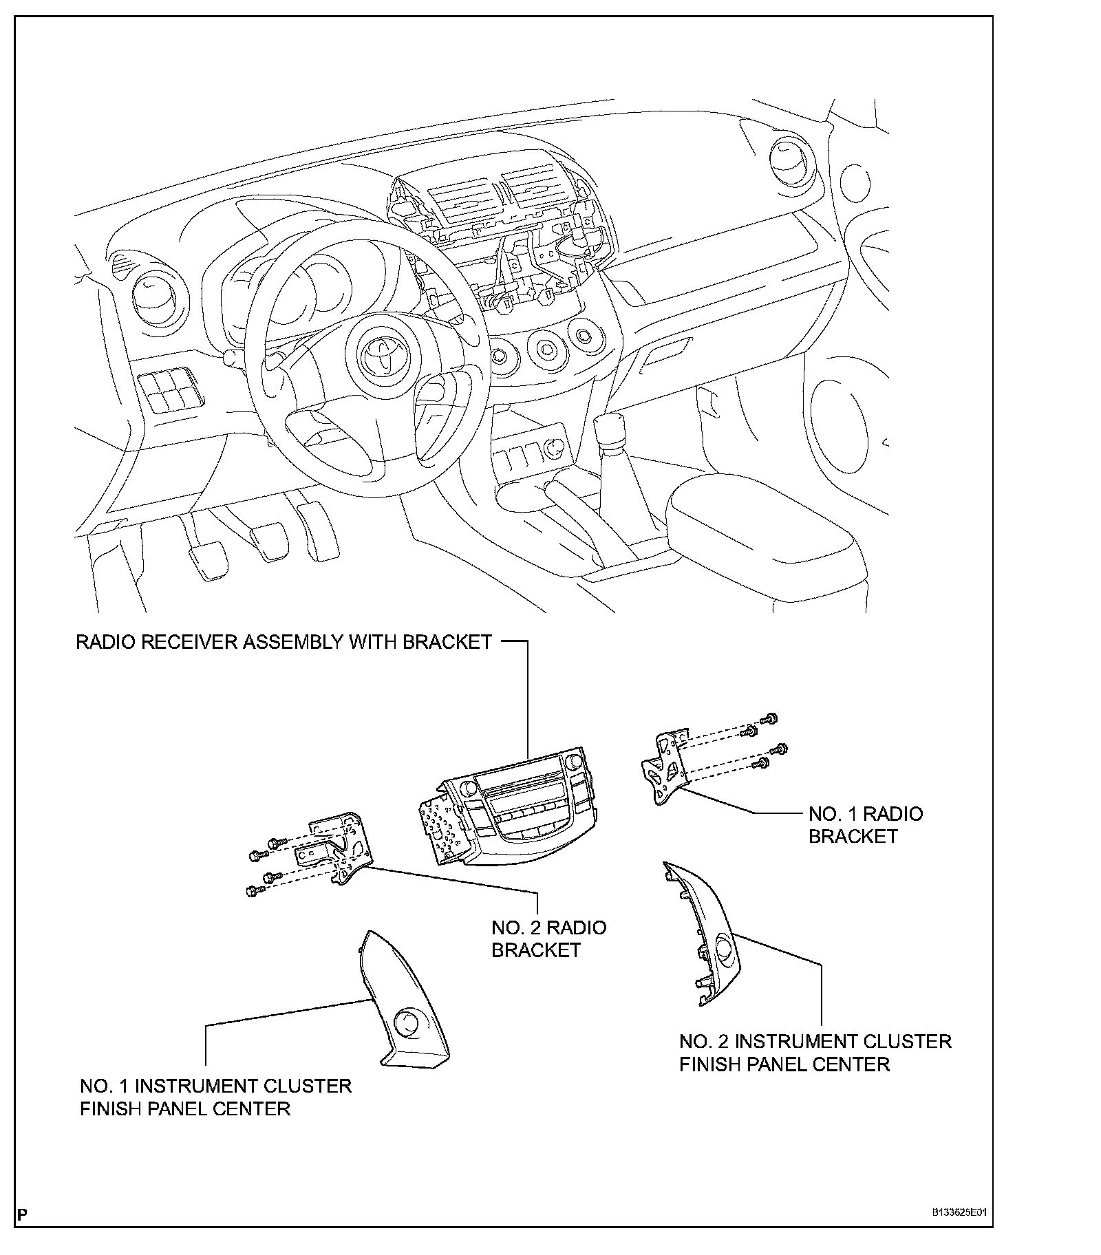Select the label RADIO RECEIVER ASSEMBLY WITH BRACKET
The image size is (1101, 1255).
pyautogui.click(x=284, y=642)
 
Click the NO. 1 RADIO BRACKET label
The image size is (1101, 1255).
pyautogui.click(x=865, y=825)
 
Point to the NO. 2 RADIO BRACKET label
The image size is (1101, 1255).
pyautogui.click(x=548, y=938)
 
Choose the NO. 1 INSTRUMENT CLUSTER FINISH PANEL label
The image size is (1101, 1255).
pyautogui.click(x=215, y=1097)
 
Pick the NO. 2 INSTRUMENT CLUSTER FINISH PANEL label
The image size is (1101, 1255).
pyautogui.click(x=815, y=1052)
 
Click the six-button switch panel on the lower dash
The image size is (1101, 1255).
pyautogui.click(x=165, y=390)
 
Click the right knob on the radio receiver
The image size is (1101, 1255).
pyautogui.click(x=574, y=761)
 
